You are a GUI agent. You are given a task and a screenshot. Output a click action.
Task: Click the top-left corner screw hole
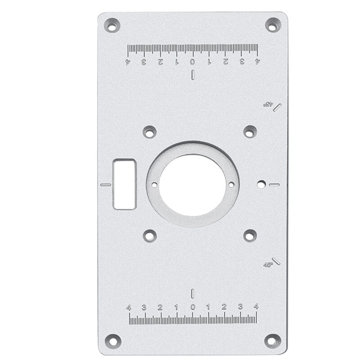pos(112,25)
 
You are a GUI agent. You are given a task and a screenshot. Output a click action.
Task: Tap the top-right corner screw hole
pos(273,25)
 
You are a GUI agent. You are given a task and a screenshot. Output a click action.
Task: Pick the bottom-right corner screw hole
pos(273,340)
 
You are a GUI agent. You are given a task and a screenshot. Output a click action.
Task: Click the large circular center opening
pos(193,184)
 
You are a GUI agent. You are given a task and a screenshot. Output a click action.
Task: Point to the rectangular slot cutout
pos(125,184)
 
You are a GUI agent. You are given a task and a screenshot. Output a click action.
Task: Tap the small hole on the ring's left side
pos(154,185)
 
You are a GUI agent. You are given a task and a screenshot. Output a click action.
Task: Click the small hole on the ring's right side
pos(231,184)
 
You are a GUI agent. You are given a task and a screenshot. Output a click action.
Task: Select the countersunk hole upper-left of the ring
pos(149,132)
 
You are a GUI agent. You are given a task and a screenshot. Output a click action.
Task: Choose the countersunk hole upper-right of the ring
pos(250,131)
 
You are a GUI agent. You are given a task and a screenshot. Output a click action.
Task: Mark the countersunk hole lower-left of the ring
pos(149,235)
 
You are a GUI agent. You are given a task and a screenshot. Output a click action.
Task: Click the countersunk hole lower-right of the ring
pos(250,235)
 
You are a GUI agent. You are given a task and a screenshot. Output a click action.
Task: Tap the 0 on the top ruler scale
pos(193,62)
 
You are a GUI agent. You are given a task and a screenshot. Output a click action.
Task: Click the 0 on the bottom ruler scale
pos(193,307)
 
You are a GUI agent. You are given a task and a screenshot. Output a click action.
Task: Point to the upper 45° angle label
pos(268,103)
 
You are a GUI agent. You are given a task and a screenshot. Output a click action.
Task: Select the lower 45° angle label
pos(268,265)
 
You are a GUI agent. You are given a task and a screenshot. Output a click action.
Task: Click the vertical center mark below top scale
pos(193,75)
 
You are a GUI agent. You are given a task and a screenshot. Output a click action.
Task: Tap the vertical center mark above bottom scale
pos(193,293)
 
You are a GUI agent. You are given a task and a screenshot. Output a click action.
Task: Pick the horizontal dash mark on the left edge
pos(106,184)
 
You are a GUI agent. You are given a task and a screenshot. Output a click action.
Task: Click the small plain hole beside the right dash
pos(261,184)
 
